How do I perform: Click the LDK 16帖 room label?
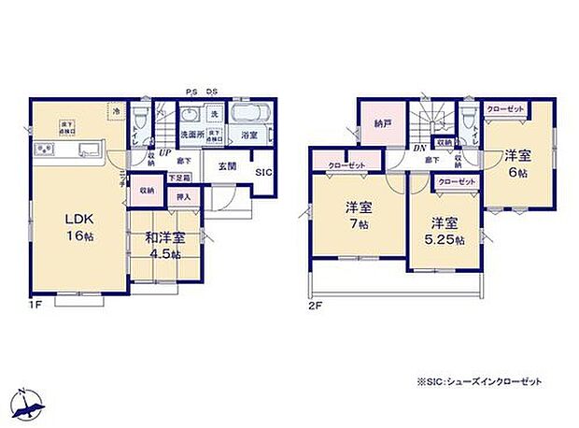pyautogui.click(x=78, y=227)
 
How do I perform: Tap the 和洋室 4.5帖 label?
pyautogui.click(x=164, y=245)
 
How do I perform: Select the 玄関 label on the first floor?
pyautogui.click(x=227, y=166)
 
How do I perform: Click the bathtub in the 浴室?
pyautogui.click(x=249, y=116)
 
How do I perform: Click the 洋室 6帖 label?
pyautogui.click(x=518, y=162)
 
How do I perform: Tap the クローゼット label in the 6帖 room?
pyautogui.click(x=504, y=109)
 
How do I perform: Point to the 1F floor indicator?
pyautogui.click(x=35, y=305)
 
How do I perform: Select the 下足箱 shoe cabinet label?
pyautogui.click(x=181, y=177)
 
